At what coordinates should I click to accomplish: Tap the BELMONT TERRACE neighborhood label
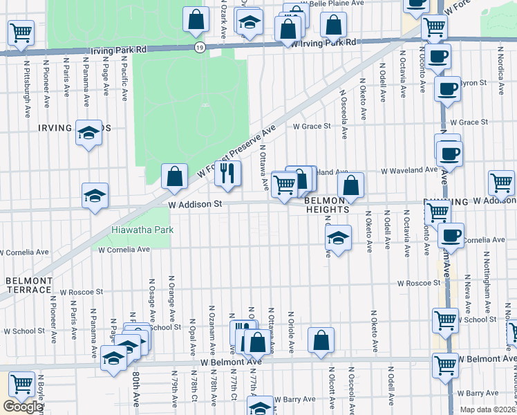pyautogui.click(x=29, y=286)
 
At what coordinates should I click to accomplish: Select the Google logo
pyautogui.click(x=23, y=407)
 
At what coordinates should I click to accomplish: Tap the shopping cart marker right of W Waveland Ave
pyautogui.click(x=501, y=183)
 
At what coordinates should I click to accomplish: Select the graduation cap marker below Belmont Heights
pyautogui.click(x=337, y=239)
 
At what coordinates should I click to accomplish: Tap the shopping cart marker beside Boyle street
pyautogui.click(x=21, y=383)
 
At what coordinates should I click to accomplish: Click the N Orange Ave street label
pyautogui.click(x=171, y=293)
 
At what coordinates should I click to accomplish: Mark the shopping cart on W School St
pyautogui.click(x=445, y=320)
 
